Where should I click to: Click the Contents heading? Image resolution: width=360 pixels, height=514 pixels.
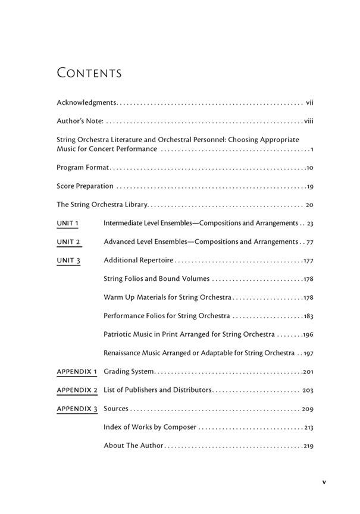click(89, 73)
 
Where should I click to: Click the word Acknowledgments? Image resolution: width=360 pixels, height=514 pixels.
click(86, 103)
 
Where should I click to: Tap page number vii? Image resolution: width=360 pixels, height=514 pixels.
click(309, 103)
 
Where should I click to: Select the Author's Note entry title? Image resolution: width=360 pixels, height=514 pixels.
click(80, 121)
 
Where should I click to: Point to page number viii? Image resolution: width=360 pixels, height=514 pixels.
click(308, 121)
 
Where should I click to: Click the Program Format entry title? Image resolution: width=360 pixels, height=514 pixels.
click(83, 168)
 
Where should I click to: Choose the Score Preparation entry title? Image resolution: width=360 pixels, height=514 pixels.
click(85, 186)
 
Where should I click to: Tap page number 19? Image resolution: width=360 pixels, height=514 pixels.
click(310, 187)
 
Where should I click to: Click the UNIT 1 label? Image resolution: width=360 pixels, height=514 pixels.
click(68, 223)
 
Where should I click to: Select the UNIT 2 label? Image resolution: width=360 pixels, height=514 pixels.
click(68, 242)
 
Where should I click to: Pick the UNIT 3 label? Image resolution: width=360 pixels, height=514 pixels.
click(68, 261)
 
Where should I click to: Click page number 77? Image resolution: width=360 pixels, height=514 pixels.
click(309, 242)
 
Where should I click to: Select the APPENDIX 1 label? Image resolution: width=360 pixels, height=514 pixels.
click(77, 372)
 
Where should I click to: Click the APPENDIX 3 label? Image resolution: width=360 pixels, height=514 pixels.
click(77, 409)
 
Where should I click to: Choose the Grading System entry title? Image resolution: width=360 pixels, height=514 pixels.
click(129, 372)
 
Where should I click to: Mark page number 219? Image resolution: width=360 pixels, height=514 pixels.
click(308, 446)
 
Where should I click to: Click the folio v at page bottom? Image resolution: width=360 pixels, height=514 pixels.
click(324, 482)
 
